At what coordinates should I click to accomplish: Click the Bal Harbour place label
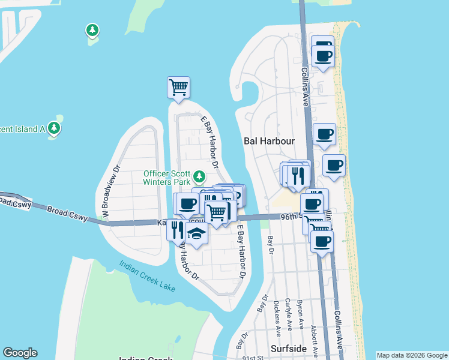tap(270, 141)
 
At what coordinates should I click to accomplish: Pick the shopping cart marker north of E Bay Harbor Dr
tap(178, 87)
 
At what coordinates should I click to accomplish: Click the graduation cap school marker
tap(196, 233)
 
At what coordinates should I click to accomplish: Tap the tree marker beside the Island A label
tap(54, 128)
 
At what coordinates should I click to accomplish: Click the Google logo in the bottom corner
tap(20, 353)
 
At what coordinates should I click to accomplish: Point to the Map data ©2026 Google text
tap(412, 355)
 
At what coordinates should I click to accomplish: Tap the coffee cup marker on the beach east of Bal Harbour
tap(334, 165)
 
